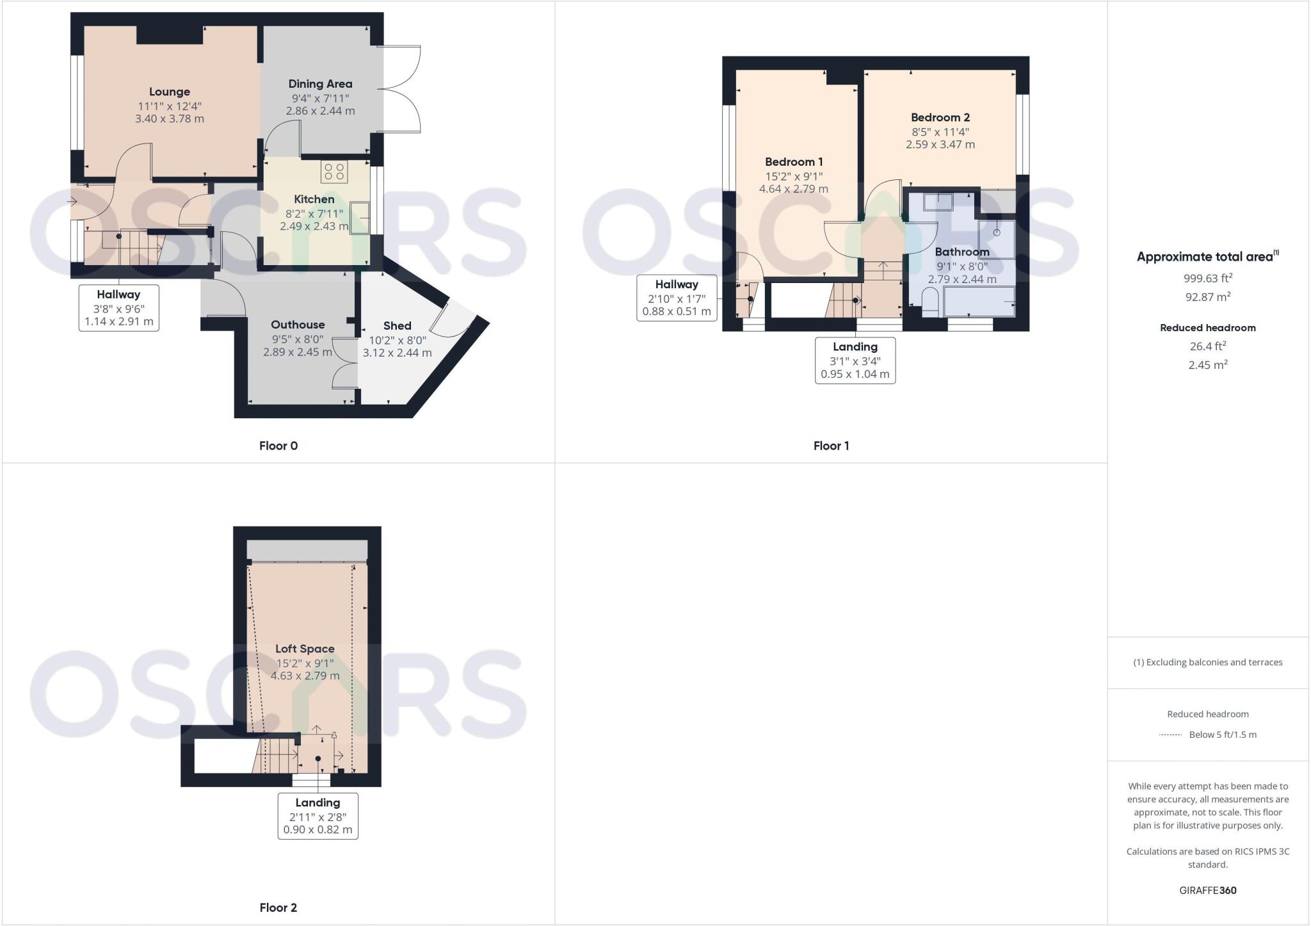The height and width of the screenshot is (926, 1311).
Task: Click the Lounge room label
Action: click(170, 92)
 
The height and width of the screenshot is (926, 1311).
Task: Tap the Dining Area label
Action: click(320, 84)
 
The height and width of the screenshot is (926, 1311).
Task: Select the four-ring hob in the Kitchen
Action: click(334, 172)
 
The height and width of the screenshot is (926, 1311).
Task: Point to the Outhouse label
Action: click(298, 325)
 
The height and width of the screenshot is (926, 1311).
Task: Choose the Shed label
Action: click(397, 326)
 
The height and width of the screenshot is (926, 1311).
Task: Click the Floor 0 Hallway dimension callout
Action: click(119, 308)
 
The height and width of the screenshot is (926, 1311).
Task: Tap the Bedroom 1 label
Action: click(794, 162)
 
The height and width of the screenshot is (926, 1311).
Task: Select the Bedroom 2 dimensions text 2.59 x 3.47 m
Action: click(940, 145)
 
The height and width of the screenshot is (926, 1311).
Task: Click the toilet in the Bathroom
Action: click(930, 301)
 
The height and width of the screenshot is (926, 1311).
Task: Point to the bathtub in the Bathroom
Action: click(979, 301)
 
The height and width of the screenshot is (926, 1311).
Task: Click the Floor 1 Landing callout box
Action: click(855, 361)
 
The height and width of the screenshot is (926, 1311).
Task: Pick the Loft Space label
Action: click(305, 649)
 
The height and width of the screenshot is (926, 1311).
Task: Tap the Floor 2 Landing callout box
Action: click(318, 816)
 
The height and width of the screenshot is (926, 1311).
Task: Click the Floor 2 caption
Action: click(278, 907)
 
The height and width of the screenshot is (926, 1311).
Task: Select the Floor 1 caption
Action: click(831, 446)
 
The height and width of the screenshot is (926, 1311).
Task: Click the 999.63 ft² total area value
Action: click(1208, 278)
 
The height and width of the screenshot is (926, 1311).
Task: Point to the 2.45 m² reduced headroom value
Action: click(1208, 365)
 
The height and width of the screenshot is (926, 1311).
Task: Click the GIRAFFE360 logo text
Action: click(1208, 890)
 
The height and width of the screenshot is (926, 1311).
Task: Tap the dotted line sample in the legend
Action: click(1170, 735)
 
